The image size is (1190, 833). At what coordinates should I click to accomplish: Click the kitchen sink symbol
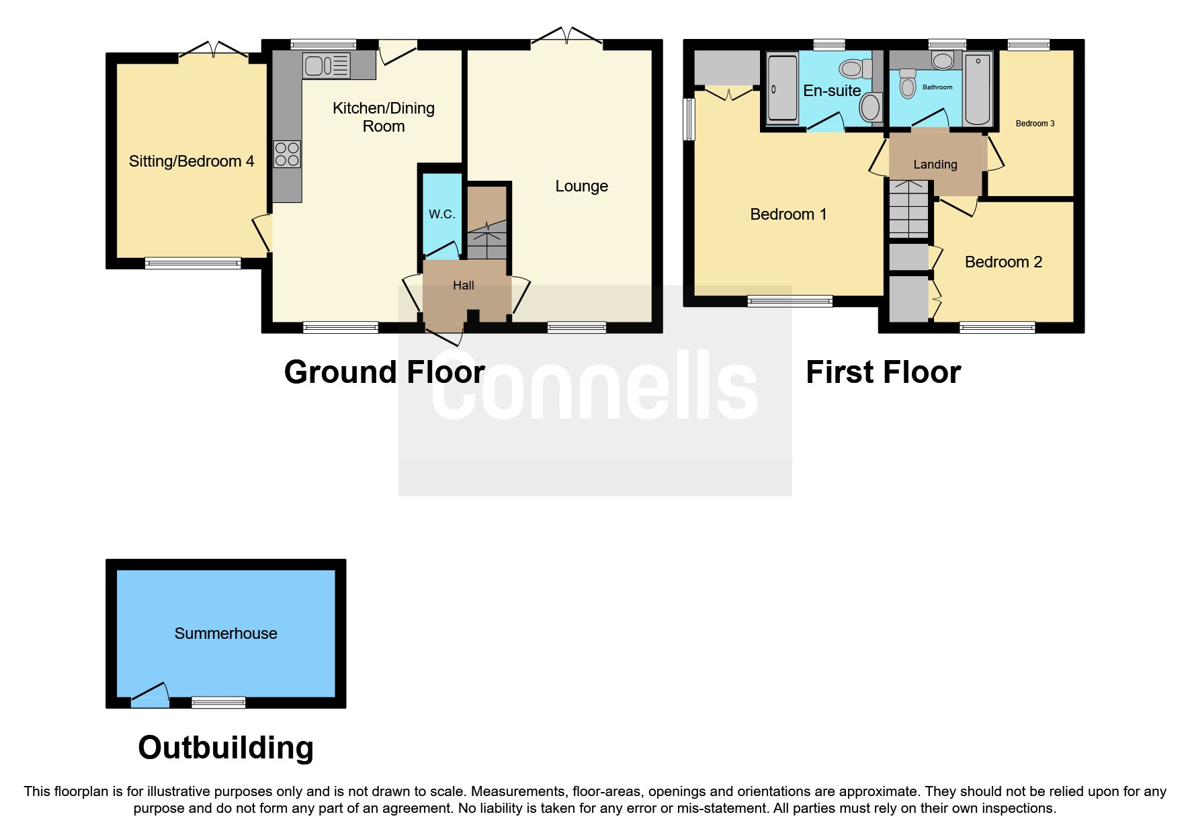click(x=327, y=65)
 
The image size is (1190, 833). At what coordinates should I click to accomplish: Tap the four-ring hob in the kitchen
click(x=287, y=154)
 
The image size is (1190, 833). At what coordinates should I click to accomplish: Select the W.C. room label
click(x=442, y=214)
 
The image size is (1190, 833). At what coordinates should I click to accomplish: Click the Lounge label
click(x=581, y=186)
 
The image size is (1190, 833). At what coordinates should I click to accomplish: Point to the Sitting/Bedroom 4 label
click(x=192, y=161)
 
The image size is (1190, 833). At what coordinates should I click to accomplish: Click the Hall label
click(x=464, y=286)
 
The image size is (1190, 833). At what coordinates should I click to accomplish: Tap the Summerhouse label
click(x=226, y=633)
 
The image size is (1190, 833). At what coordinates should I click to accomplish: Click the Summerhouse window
click(x=218, y=703)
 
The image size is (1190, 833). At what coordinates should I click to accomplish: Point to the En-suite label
click(x=832, y=91)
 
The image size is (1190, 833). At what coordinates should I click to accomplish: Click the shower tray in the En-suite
click(x=782, y=89)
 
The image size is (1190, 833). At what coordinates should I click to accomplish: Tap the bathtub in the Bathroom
click(x=978, y=89)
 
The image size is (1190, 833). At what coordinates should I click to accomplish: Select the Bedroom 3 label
click(x=1035, y=124)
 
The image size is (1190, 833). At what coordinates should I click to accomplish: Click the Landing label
click(x=935, y=165)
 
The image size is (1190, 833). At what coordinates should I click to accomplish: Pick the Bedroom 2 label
click(x=1003, y=262)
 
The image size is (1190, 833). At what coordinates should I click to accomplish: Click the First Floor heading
click(x=883, y=372)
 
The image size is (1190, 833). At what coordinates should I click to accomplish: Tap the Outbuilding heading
click(x=226, y=748)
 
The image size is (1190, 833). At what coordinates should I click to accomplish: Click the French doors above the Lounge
click(x=567, y=38)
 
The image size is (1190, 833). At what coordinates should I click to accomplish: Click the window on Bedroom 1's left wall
click(x=688, y=120)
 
